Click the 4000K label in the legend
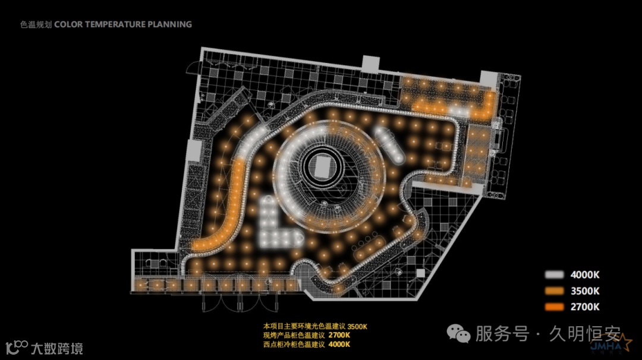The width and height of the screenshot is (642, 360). (x=585, y=275)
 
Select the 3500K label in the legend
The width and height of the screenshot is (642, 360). (x=585, y=291)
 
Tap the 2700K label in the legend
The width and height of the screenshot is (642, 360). (x=585, y=307)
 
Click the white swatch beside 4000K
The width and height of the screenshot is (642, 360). (x=554, y=275)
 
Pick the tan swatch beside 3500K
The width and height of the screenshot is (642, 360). (x=554, y=291)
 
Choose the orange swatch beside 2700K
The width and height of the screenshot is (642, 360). (x=554, y=307)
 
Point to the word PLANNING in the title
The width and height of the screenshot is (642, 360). (x=171, y=24)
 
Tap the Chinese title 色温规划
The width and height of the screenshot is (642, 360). (x=36, y=24)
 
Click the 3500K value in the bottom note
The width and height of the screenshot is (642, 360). (x=357, y=326)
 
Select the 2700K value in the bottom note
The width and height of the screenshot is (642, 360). (x=339, y=335)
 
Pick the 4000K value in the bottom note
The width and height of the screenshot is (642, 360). (x=339, y=343)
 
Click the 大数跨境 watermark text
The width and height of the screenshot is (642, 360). (x=56, y=348)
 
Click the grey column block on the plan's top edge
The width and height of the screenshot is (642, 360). (x=371, y=62)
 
